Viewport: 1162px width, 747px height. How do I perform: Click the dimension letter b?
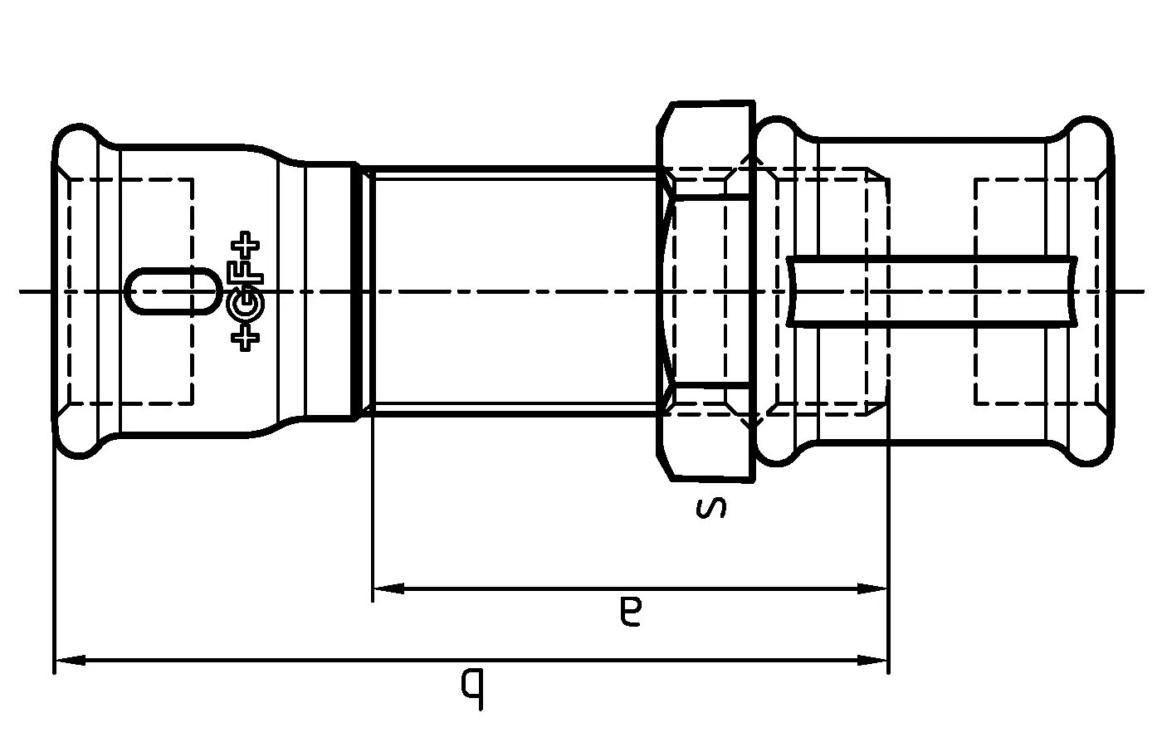pos(472,687)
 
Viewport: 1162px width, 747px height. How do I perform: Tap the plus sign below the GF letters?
pos(247,338)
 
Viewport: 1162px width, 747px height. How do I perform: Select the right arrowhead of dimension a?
pos(873,588)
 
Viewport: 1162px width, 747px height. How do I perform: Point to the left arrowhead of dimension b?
pos(70,661)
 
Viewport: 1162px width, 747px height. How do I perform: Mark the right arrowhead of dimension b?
pos(873,661)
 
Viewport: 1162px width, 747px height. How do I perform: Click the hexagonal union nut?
pos(706,290)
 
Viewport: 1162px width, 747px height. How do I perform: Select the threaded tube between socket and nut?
pos(515,290)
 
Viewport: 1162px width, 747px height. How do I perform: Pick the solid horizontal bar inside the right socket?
pos(930,291)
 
